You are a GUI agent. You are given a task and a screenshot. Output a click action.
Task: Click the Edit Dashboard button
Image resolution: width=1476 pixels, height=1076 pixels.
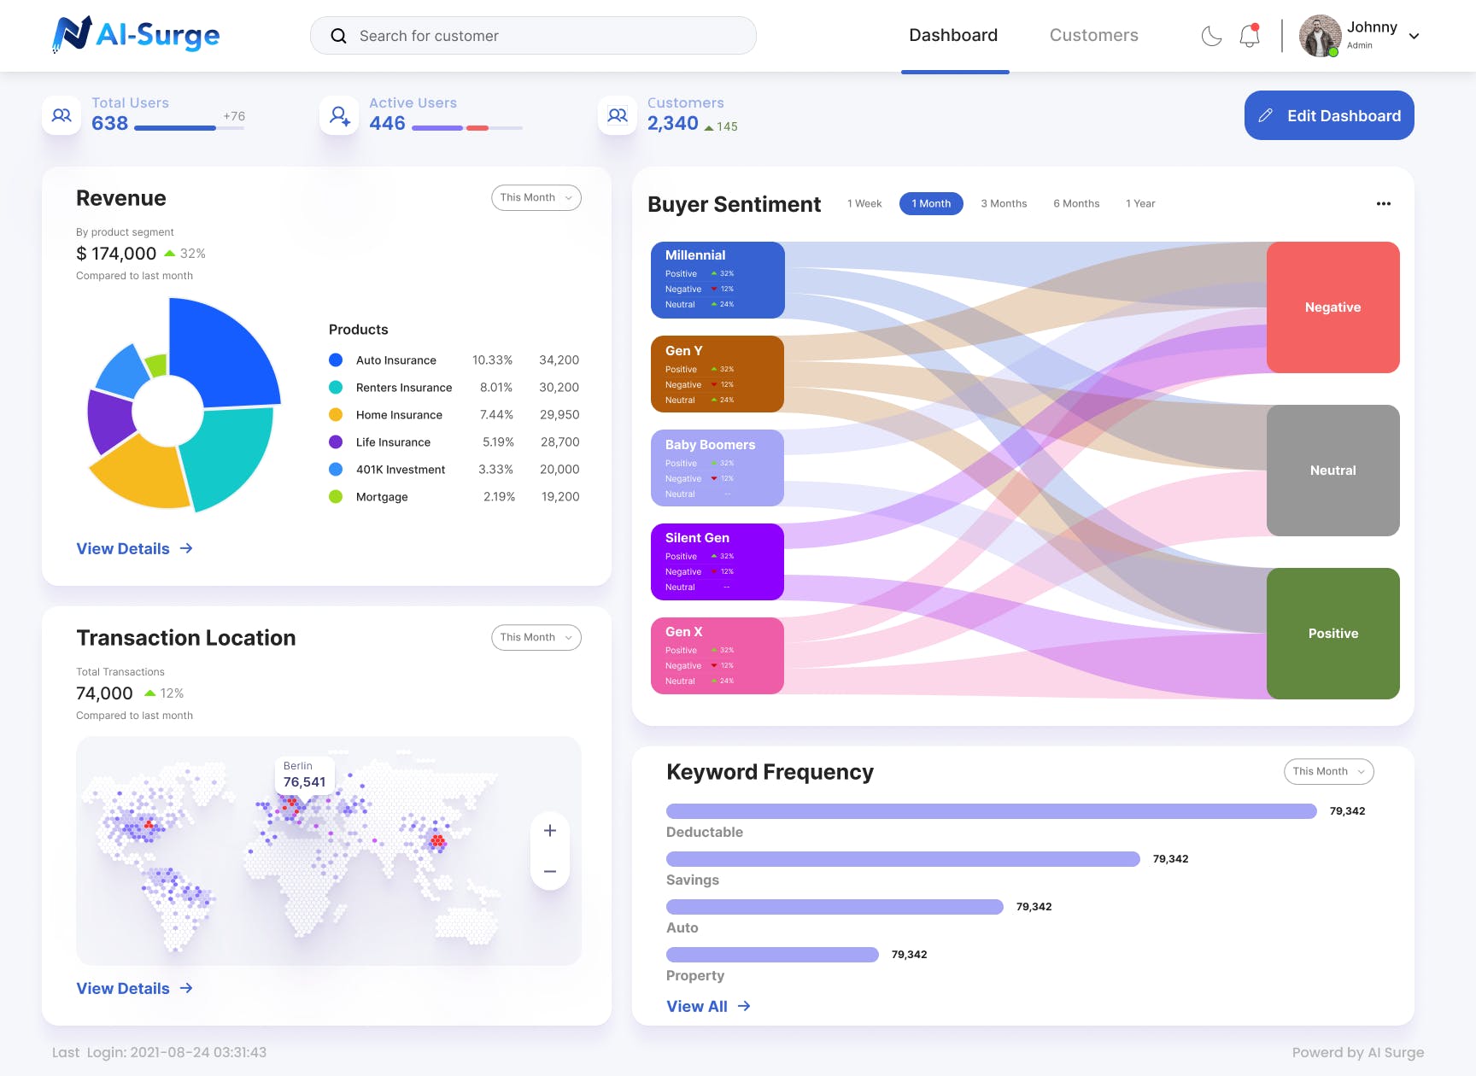(x=1328, y=115)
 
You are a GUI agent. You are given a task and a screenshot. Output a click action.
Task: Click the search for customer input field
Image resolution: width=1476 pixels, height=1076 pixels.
(x=533, y=36)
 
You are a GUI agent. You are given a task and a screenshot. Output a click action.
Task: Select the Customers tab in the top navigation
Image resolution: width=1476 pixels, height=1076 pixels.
(x=1093, y=35)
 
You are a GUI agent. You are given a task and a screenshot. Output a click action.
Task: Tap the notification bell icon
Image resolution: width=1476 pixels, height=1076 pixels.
(x=1249, y=36)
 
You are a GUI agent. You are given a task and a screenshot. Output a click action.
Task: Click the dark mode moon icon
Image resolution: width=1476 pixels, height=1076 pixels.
(x=1211, y=36)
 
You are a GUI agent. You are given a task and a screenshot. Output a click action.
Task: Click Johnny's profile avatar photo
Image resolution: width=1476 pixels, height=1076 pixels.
(x=1320, y=36)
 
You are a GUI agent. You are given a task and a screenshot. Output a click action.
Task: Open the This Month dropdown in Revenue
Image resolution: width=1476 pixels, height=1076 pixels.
(x=536, y=197)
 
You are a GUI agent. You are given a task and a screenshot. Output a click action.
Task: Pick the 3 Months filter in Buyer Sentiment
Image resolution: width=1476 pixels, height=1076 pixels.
(x=1004, y=203)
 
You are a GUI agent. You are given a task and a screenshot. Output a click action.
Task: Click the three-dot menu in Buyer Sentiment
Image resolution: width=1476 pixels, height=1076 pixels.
(x=1383, y=203)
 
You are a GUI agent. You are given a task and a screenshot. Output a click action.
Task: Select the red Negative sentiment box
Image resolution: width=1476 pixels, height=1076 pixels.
(x=1332, y=307)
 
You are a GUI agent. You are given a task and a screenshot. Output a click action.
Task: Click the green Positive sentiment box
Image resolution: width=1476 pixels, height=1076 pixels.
(x=1332, y=634)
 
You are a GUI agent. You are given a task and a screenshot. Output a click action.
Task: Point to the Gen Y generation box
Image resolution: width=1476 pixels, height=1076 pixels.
(x=717, y=374)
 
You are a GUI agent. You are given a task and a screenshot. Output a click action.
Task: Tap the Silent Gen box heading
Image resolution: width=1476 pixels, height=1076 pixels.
(x=697, y=538)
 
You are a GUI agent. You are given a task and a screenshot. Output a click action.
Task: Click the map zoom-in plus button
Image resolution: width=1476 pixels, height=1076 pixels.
(x=550, y=831)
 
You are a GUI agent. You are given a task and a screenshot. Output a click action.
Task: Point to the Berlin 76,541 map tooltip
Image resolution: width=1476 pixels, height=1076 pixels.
(x=304, y=775)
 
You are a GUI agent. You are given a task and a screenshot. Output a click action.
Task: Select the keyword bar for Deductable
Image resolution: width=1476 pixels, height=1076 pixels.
(x=991, y=811)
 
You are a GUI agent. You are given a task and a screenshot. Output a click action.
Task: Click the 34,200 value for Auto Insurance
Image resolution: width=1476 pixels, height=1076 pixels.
(x=559, y=360)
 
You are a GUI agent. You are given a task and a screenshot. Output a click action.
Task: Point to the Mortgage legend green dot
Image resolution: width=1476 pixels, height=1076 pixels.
(x=336, y=497)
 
